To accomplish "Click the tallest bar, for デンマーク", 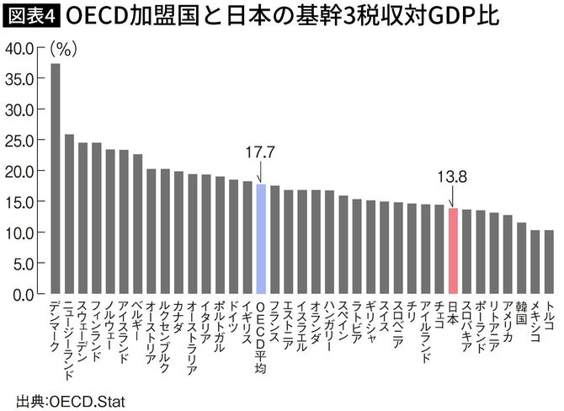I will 56,179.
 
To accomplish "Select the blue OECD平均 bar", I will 261,239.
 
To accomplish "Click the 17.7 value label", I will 261,153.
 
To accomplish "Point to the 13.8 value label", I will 452,178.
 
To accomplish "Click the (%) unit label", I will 64,49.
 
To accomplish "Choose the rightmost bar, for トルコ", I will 549,262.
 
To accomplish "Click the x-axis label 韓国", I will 521,312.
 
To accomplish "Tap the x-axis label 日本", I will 452,312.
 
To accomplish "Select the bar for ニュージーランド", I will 70,214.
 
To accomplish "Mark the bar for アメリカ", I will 508,254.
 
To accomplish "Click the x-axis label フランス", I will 274,320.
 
